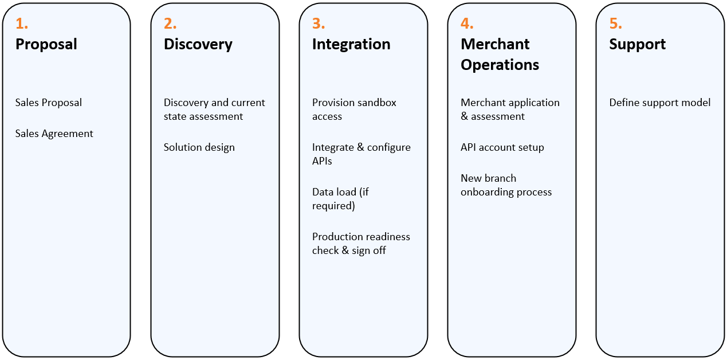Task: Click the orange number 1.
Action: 21,24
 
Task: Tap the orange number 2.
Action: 170,24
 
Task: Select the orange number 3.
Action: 319,24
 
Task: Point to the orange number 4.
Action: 467,24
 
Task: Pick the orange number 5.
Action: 616,24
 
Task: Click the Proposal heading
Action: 46,45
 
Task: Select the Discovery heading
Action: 198,45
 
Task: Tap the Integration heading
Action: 351,45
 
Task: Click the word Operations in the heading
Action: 500,65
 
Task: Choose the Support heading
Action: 638,45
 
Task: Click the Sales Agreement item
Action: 54,134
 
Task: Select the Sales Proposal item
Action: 48,103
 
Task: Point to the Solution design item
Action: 199,147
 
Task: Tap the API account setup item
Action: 502,147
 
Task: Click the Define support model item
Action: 660,103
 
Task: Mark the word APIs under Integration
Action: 322,161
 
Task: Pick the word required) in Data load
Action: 333,206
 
